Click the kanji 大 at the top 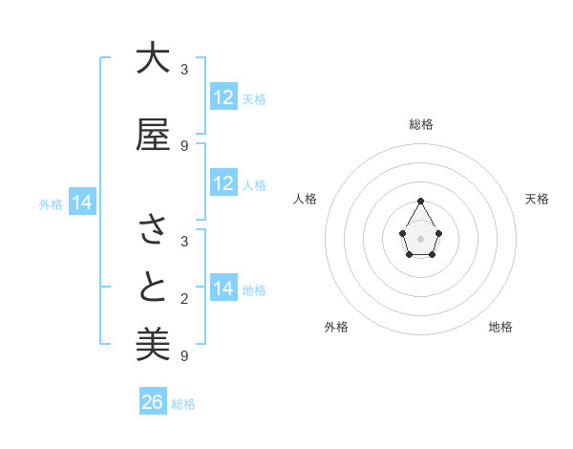click(x=153, y=59)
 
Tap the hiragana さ click(x=153, y=229)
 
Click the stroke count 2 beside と click(x=183, y=299)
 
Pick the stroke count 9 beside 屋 click(x=183, y=146)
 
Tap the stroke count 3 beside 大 click(x=183, y=70)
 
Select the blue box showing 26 click(x=153, y=402)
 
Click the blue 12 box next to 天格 click(x=223, y=97)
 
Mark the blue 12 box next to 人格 click(x=223, y=183)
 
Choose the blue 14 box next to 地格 click(x=223, y=289)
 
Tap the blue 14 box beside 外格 click(x=81, y=203)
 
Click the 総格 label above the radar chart click(x=421, y=124)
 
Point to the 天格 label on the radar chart click(x=537, y=199)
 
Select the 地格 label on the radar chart click(x=500, y=327)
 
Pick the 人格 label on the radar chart click(x=306, y=199)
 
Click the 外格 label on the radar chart click(x=336, y=327)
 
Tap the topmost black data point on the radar click(x=421, y=201)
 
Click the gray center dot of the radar click(x=421, y=237)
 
